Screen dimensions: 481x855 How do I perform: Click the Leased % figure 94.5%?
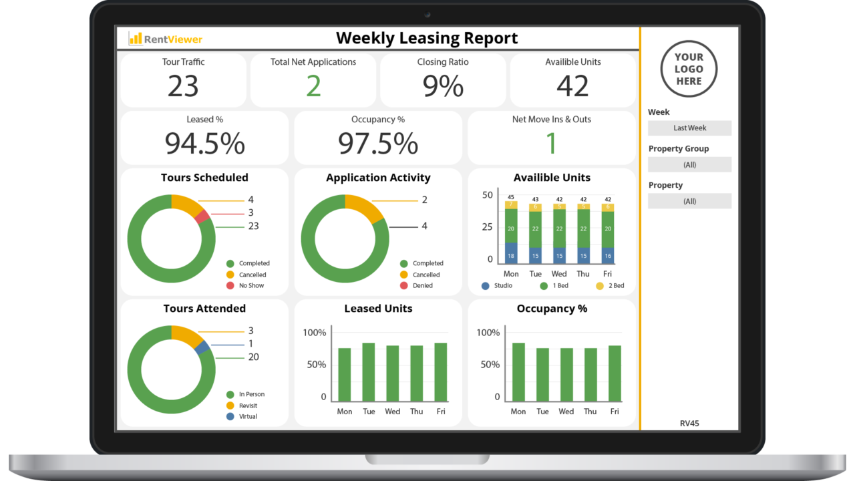coord(204,144)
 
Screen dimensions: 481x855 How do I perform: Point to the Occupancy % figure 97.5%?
coord(377,144)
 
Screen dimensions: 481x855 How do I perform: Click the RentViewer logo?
coord(166,39)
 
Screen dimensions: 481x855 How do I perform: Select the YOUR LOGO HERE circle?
coord(689,69)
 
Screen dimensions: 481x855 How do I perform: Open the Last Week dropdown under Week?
coord(689,128)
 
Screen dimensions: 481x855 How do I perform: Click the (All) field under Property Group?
coord(689,164)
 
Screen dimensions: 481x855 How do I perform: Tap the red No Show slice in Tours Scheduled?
coord(203,216)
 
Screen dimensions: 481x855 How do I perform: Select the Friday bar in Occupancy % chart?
coord(615,373)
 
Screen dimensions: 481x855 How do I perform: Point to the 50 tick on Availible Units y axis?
coord(488,195)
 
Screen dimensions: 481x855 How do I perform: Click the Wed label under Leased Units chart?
coord(393,412)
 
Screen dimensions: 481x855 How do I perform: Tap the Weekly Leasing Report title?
coord(427,38)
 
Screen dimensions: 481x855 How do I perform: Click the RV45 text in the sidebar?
coord(689,424)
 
